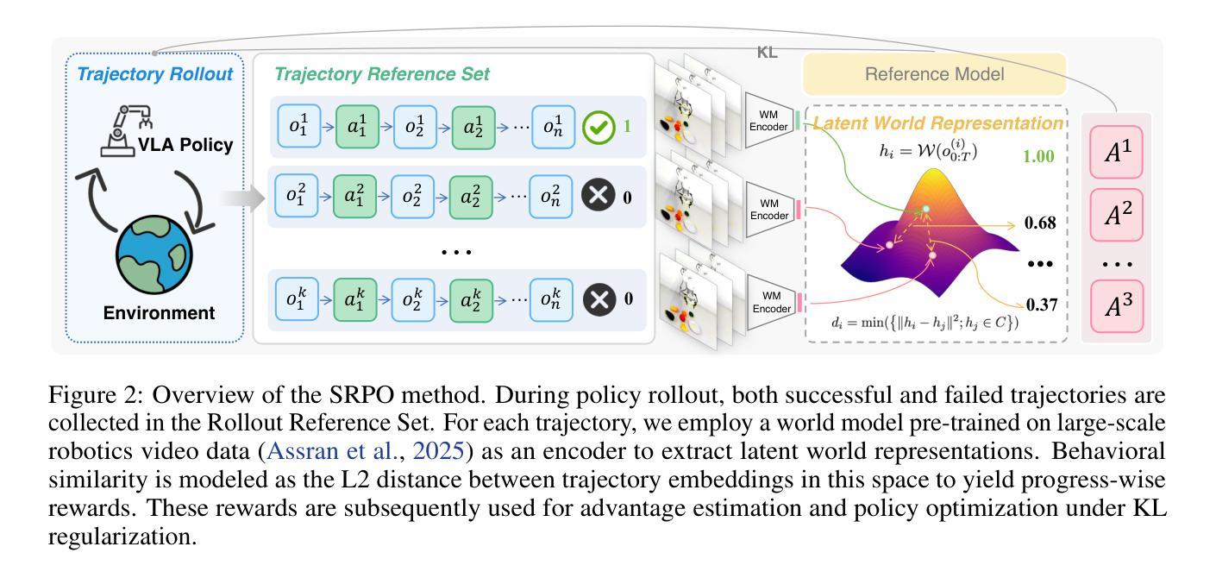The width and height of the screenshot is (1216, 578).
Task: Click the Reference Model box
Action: coord(935,74)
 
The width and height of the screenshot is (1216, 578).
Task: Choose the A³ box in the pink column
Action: coord(1117,306)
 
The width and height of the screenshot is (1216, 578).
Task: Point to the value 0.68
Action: coord(1041,223)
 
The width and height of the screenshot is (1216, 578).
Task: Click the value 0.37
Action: coord(1041,305)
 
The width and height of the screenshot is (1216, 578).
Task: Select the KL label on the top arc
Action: coord(767,53)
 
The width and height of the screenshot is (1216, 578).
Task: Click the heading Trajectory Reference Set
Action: coord(382,74)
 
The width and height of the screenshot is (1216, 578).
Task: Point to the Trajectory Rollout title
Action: coord(155,74)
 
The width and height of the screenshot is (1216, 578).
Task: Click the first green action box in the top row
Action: coord(358,126)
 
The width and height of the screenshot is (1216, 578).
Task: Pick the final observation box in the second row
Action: coord(552,197)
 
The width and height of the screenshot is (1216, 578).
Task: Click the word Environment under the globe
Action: coord(159,312)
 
